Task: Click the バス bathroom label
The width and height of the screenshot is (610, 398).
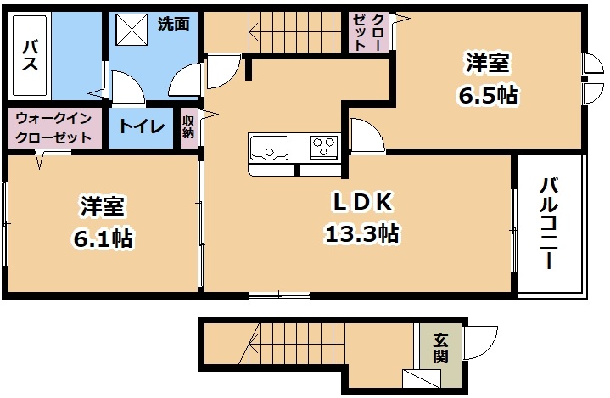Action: [30, 56]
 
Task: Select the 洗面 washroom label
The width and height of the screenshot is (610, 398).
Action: [174, 24]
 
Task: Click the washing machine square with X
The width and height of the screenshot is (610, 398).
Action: [132, 30]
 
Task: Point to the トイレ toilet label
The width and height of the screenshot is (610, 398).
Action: [141, 126]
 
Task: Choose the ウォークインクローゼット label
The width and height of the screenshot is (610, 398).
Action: [53, 127]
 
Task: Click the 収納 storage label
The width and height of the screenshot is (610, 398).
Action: [188, 126]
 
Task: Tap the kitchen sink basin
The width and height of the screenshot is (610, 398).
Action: [269, 148]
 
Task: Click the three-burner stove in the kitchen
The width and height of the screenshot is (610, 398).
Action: [323, 147]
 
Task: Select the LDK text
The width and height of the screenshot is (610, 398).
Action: [361, 202]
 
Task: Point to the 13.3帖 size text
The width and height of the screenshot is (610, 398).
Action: [361, 233]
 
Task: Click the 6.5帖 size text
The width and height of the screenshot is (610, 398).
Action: [488, 95]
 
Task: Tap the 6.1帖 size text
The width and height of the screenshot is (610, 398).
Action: [104, 238]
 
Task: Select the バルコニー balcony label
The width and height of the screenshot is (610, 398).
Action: [549, 222]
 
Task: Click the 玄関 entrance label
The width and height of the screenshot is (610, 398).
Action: [441, 349]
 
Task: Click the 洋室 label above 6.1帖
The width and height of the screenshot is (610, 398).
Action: [103, 206]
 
